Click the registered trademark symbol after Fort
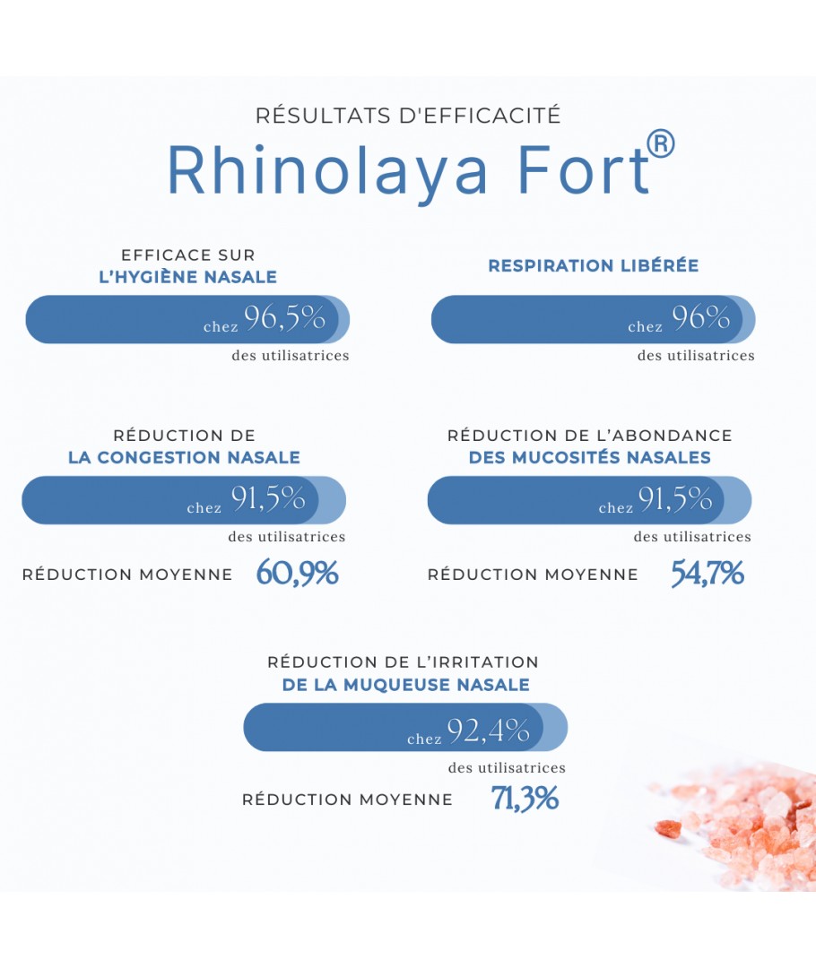pyautogui.click(x=660, y=143)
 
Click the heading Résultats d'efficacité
pyautogui.click(x=408, y=116)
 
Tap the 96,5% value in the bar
pyautogui.click(x=285, y=318)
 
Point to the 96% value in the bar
pyautogui.click(x=701, y=317)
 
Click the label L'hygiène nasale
pyautogui.click(x=187, y=277)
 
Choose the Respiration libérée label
pyautogui.click(x=593, y=265)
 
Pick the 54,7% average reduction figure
pyautogui.click(x=707, y=573)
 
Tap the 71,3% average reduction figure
pyautogui.click(x=525, y=798)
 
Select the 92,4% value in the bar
pyautogui.click(x=489, y=730)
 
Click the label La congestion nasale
pyautogui.click(x=184, y=457)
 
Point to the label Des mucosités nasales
pyautogui.click(x=590, y=457)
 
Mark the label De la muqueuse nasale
pyautogui.click(x=406, y=685)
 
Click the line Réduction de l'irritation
pyautogui.click(x=404, y=662)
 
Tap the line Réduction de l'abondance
pyautogui.click(x=590, y=436)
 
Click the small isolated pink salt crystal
pyautogui.click(x=668, y=828)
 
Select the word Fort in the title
pyautogui.click(x=584, y=169)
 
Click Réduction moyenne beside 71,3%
pyautogui.click(x=347, y=799)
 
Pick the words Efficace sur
pyautogui.click(x=188, y=255)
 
